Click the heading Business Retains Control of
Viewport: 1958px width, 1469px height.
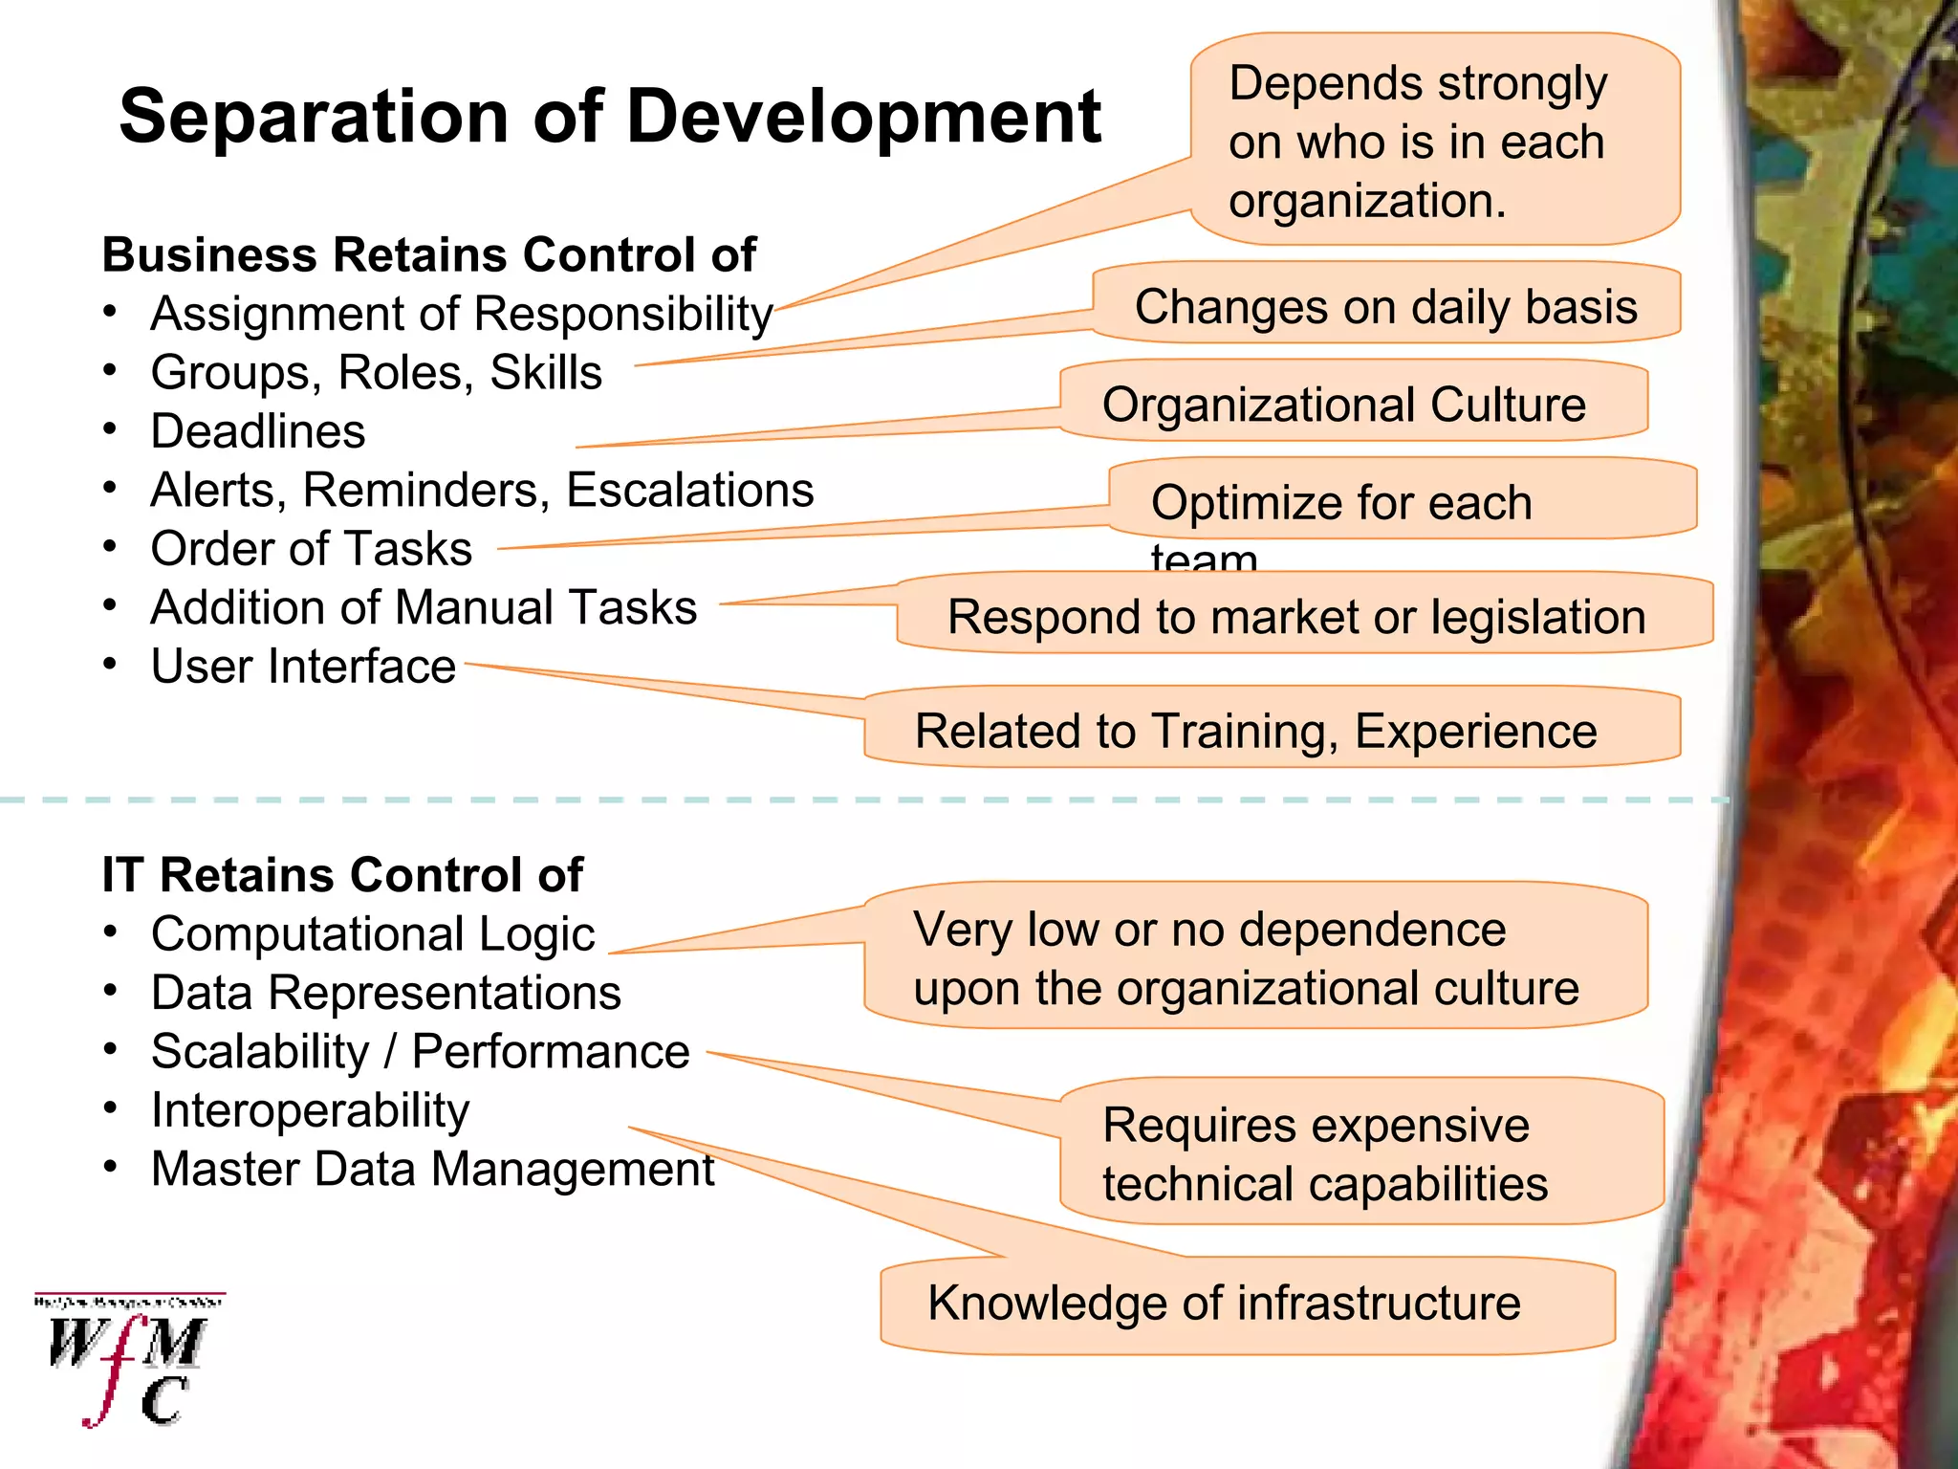tap(428, 255)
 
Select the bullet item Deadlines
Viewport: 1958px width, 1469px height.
tap(258, 431)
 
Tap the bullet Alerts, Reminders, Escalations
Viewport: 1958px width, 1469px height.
tap(482, 491)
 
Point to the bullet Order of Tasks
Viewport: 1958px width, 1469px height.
tap(312, 549)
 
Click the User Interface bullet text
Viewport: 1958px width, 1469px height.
tap(303, 667)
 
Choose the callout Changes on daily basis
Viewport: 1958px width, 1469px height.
tap(1385, 307)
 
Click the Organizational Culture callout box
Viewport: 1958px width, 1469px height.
tap(1343, 405)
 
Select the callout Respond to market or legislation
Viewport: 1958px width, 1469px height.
tap(1296, 617)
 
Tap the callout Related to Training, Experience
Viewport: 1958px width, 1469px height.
tap(1255, 732)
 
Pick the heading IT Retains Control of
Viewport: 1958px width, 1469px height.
tap(342, 875)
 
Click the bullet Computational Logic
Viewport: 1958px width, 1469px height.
tap(373, 934)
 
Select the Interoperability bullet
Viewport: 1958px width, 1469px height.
tap(310, 1110)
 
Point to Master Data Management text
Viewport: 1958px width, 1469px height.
tap(432, 1170)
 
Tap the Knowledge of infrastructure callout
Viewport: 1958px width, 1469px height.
tap(1224, 1304)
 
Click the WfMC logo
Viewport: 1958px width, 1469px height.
tap(129, 1360)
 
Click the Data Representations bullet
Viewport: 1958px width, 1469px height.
tap(386, 993)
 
